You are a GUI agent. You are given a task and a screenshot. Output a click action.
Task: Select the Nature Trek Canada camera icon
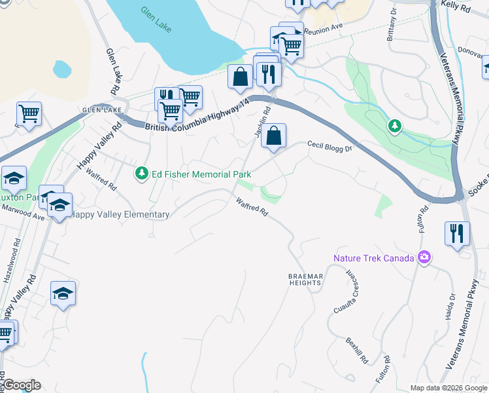coord(424,257)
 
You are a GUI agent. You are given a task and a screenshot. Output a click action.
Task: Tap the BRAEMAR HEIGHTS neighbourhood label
coord(305,280)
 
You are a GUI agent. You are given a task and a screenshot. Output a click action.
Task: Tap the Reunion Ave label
coord(327,28)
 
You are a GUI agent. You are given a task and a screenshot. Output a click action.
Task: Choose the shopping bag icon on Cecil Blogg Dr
coord(274,136)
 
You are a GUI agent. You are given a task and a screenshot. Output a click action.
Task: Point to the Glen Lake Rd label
coord(112,69)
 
